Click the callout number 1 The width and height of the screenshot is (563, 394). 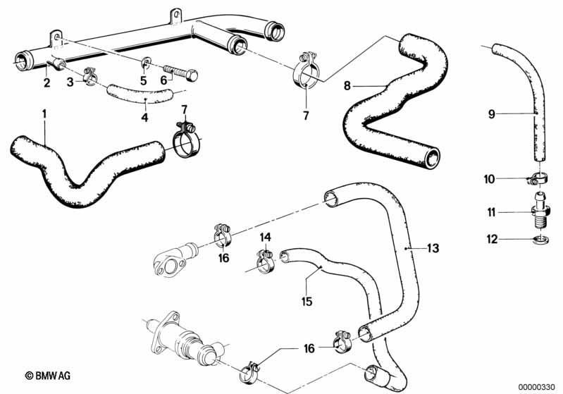click(x=44, y=114)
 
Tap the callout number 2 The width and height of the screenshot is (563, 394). click(x=47, y=83)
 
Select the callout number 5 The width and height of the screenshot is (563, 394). click(x=144, y=80)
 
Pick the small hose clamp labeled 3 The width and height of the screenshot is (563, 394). click(x=89, y=76)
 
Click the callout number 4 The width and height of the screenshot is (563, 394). click(x=144, y=117)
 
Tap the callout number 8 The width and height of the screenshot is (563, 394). click(x=347, y=86)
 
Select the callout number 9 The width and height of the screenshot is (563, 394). click(x=492, y=114)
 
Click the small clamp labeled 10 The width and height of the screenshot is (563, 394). click(x=537, y=178)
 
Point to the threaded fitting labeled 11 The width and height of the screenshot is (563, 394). click(x=538, y=211)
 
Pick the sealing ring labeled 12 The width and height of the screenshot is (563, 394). click(x=540, y=239)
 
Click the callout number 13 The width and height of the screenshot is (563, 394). click(x=433, y=248)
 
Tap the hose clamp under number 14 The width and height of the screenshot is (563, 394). click(x=266, y=260)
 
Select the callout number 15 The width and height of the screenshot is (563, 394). click(x=307, y=301)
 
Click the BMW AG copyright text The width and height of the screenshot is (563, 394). click(x=47, y=376)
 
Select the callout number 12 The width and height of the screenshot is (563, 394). click(x=492, y=239)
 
